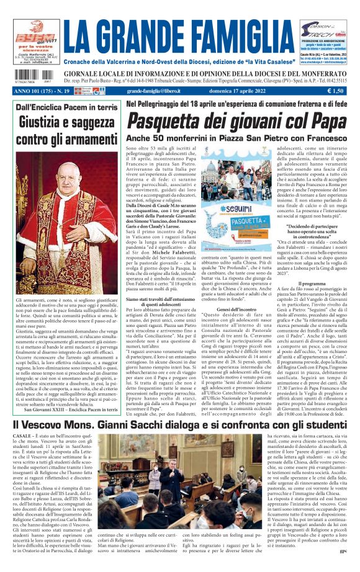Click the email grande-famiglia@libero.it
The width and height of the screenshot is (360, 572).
[x=157, y=91]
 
